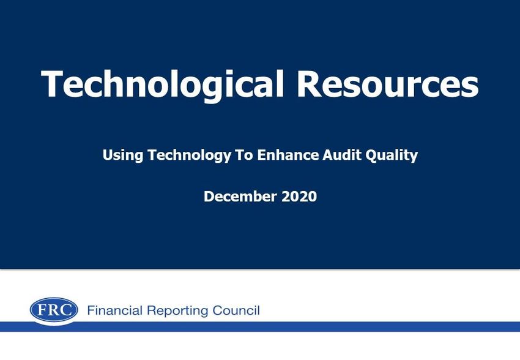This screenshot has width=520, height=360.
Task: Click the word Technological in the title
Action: (163, 84)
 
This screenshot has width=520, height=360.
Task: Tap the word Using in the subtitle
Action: (123, 156)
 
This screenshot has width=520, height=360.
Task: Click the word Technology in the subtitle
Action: (189, 156)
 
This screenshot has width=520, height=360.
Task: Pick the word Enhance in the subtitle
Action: (288, 155)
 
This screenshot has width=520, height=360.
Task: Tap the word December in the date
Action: (240, 197)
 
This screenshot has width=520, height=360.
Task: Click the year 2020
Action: (299, 197)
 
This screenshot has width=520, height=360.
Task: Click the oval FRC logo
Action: (54, 310)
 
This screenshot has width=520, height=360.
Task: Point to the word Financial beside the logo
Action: (115, 310)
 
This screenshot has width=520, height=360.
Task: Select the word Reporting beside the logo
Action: (177, 311)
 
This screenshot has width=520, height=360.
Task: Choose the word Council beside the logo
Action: (236, 310)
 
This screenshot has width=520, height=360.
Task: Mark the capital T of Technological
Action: (51, 84)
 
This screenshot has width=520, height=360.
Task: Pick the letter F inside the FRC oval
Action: (42, 310)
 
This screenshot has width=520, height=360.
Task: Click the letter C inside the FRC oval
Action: (66, 310)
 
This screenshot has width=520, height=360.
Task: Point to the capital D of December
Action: (209, 197)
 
